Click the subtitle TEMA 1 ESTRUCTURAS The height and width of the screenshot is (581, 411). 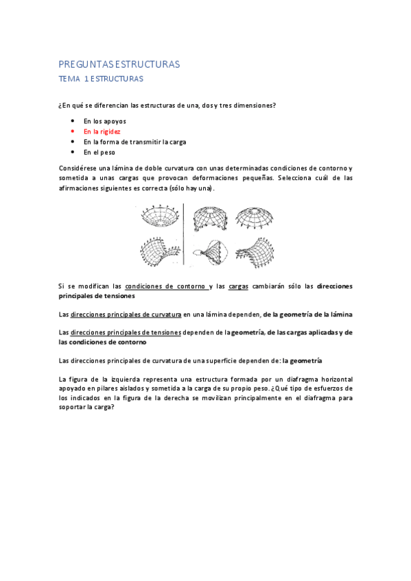point(100,79)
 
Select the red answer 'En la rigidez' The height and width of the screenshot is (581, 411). point(102,131)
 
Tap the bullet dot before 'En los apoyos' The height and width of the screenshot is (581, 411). point(72,121)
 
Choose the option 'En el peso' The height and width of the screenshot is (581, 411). point(99,152)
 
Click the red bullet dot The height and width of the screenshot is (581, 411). point(72,131)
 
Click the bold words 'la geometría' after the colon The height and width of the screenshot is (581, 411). point(303,360)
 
